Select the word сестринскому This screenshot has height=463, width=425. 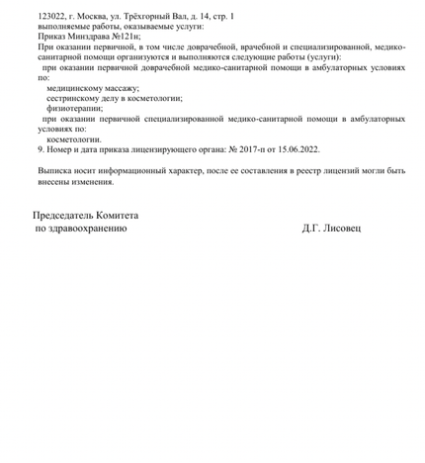(74, 98)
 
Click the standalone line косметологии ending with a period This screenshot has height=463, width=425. (75, 139)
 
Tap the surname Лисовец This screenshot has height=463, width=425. (343, 228)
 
